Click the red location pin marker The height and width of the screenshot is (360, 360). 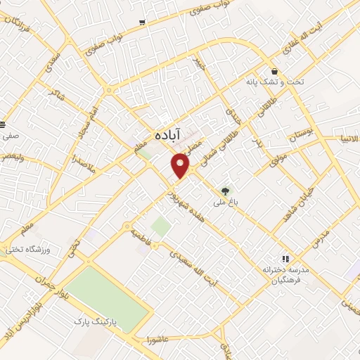click(181, 166)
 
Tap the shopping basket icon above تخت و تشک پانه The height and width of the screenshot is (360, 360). click(273, 71)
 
